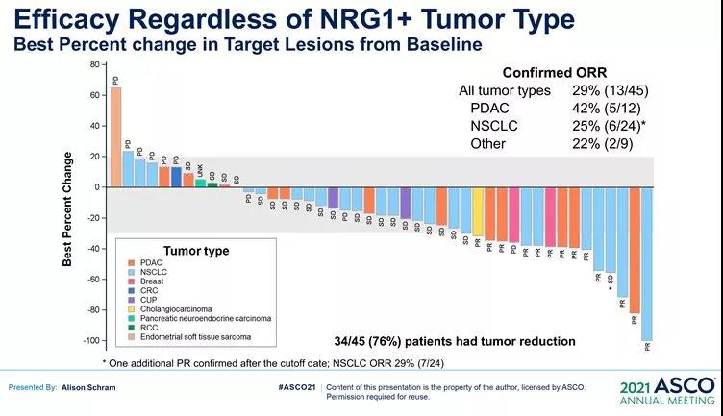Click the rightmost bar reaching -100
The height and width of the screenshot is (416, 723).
tap(646, 263)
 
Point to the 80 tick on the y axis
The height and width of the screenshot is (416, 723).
tap(95, 64)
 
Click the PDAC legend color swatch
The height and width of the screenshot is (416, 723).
tap(130, 262)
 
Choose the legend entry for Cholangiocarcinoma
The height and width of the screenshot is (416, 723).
tap(179, 308)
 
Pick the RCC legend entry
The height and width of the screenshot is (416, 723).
tap(149, 328)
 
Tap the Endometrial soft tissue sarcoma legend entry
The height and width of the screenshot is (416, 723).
tap(197, 337)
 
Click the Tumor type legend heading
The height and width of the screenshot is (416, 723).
tap(196, 251)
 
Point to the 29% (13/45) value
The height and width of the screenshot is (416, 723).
tap(610, 90)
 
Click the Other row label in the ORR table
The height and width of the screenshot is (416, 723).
tap(487, 143)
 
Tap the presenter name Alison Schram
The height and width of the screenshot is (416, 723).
tap(97, 386)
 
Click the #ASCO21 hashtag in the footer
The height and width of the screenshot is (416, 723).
tap(294, 386)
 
